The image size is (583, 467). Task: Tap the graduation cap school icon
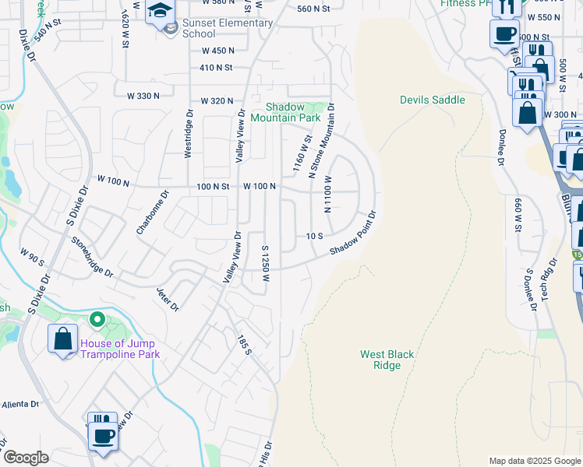(160, 12)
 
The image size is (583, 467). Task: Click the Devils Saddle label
(432, 100)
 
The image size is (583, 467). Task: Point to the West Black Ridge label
(387, 360)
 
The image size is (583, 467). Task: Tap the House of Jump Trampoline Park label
(118, 349)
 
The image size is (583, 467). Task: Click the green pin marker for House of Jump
(97, 319)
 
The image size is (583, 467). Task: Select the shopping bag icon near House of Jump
(62, 339)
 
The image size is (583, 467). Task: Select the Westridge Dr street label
(189, 133)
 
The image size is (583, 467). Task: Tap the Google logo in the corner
(25, 458)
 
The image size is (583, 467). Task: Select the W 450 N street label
(217, 51)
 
